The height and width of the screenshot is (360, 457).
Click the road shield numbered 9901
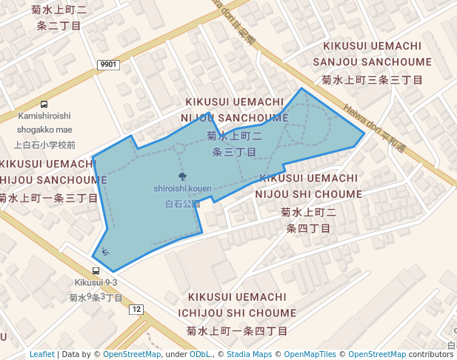click(x=108, y=65)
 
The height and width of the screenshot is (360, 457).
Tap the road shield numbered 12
click(x=136, y=308)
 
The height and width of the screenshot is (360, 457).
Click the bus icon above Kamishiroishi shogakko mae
click(x=44, y=104)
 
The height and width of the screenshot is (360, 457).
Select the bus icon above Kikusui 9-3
click(x=96, y=271)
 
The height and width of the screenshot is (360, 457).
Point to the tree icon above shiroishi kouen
click(x=182, y=176)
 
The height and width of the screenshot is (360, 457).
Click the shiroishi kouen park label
click(x=182, y=189)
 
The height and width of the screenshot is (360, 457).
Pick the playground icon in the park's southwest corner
click(x=105, y=253)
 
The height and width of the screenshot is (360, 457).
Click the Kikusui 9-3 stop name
click(x=96, y=283)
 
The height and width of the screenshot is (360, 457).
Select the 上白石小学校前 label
click(x=44, y=145)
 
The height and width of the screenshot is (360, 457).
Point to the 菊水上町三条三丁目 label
click(x=372, y=79)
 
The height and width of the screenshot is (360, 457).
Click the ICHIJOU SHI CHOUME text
click(x=237, y=313)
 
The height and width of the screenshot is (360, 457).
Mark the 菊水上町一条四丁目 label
click(x=237, y=330)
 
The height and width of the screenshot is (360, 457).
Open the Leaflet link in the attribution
click(x=41, y=354)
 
